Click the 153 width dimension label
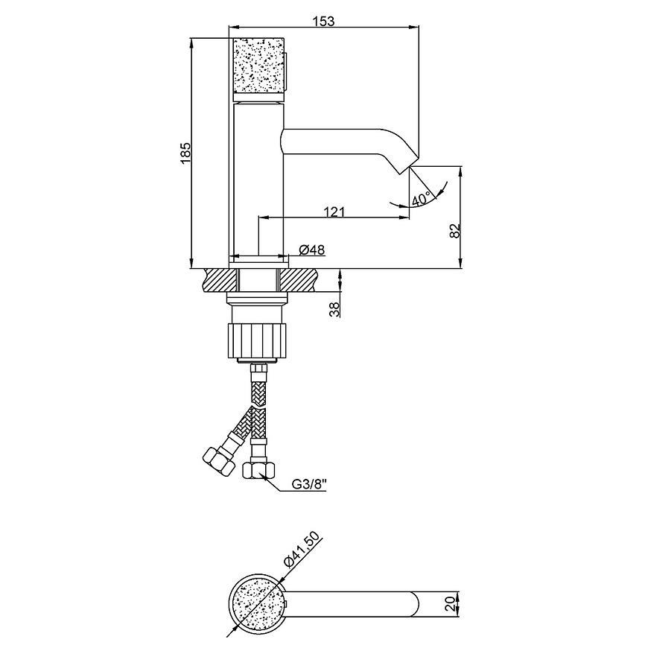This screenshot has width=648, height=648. [x=323, y=21]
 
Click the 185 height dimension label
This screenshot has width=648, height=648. [x=185, y=153]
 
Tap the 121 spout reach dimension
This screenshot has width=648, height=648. [x=334, y=212]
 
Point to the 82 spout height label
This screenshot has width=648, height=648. [x=454, y=230]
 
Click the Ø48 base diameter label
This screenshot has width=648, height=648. [x=312, y=250]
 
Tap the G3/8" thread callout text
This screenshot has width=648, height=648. [x=309, y=484]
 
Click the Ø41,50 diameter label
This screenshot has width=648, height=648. [x=302, y=551]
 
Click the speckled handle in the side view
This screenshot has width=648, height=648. [x=258, y=66]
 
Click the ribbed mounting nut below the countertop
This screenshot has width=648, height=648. [x=257, y=340]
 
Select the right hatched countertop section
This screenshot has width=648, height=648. [x=299, y=280]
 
